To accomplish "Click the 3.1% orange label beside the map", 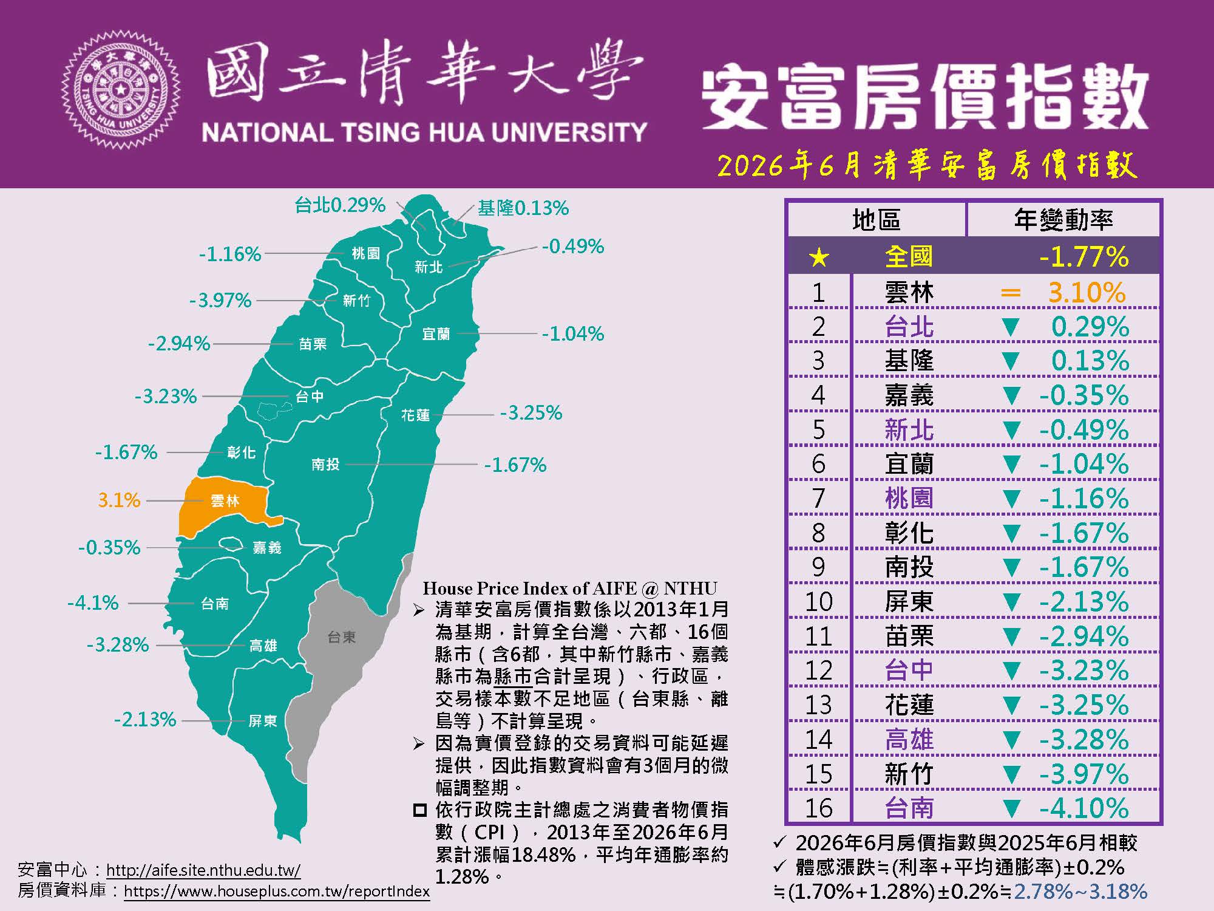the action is [x=119, y=500].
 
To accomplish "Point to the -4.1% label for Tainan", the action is [x=93, y=603].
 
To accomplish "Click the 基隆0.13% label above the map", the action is [x=523, y=208].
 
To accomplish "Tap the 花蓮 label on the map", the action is [x=415, y=415].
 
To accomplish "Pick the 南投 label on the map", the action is [x=325, y=465].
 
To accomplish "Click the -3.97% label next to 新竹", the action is [x=220, y=300].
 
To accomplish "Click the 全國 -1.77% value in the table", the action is [x=1084, y=257].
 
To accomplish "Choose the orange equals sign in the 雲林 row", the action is [x=1011, y=293].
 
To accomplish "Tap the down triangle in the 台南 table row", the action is [x=1011, y=808].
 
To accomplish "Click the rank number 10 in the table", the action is [x=818, y=602].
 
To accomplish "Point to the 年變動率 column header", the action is [x=1063, y=219].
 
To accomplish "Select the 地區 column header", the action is [x=876, y=219].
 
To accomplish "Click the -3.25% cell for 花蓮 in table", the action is [x=1084, y=705].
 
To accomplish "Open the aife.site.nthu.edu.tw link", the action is [x=203, y=870].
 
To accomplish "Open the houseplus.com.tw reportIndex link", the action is [x=277, y=892].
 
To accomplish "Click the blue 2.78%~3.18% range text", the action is [x=1080, y=892].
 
